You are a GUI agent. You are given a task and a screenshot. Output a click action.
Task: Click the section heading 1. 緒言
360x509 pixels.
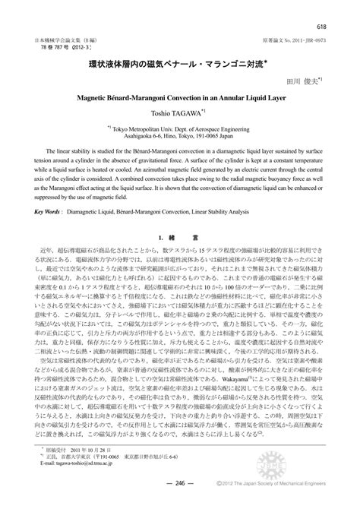click(x=179, y=239)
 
